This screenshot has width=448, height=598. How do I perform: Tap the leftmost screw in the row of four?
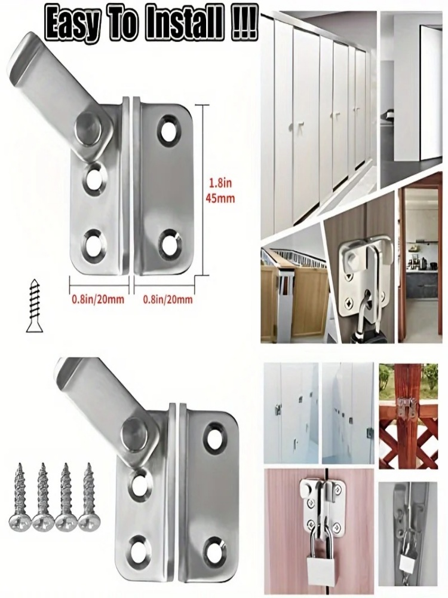[20, 496]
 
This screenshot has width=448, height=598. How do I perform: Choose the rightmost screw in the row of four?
[88, 496]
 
